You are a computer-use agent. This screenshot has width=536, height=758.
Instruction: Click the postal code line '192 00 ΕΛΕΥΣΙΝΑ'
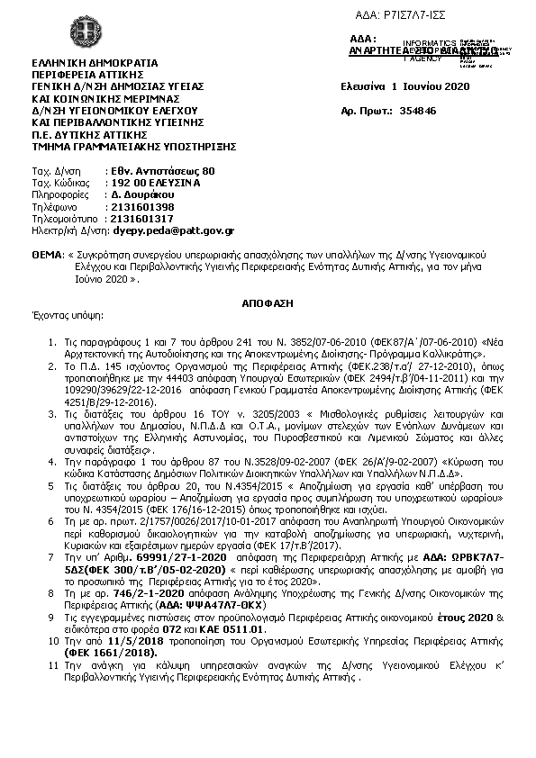[x=154, y=182]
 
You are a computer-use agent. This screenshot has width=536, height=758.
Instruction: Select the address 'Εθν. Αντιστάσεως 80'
[x=162, y=170]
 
